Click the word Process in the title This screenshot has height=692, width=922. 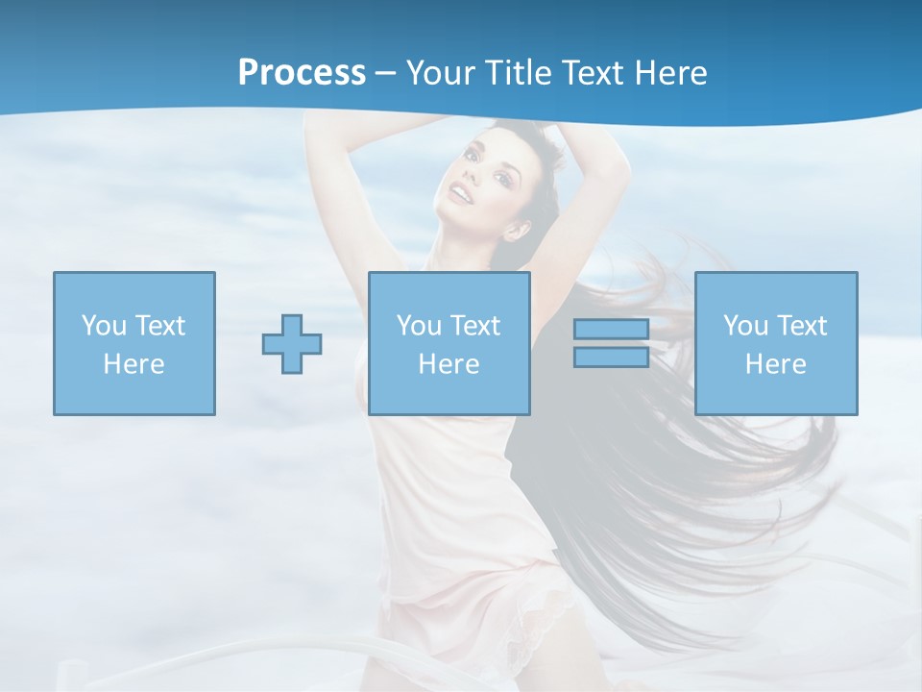[302, 73]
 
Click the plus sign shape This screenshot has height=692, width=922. [292, 343]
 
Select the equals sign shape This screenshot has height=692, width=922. [611, 343]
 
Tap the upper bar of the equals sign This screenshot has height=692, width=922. [611, 330]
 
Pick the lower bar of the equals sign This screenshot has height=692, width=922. [611, 357]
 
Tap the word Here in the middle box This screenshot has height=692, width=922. [449, 364]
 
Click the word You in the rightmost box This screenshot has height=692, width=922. [745, 326]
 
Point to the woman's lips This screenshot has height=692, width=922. [463, 195]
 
